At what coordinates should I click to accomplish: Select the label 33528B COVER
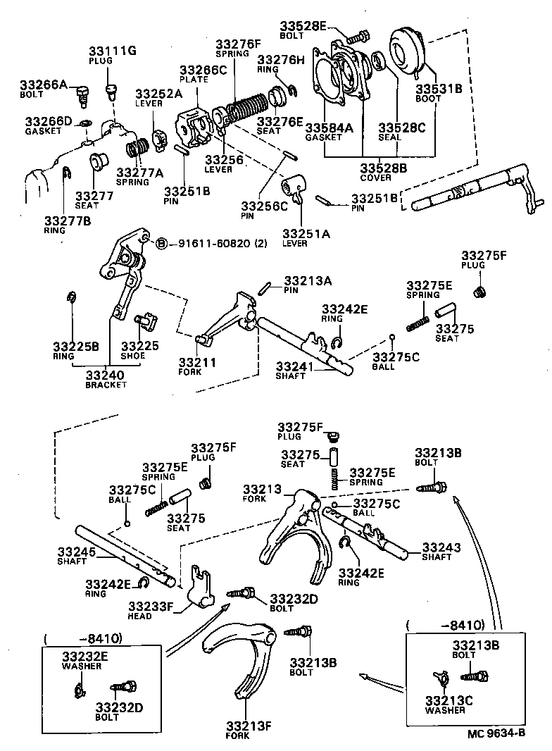pyautogui.click(x=384, y=172)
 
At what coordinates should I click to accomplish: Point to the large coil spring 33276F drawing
pyautogui.click(x=243, y=110)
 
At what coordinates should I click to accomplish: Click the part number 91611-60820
pyautogui.click(x=213, y=244)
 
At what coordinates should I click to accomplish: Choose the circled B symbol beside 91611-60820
pyautogui.click(x=161, y=244)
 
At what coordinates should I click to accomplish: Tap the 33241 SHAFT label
pyautogui.click(x=291, y=371)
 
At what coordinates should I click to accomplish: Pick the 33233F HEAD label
pyautogui.click(x=150, y=609)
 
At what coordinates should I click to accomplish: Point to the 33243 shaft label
pyautogui.click(x=441, y=551)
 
